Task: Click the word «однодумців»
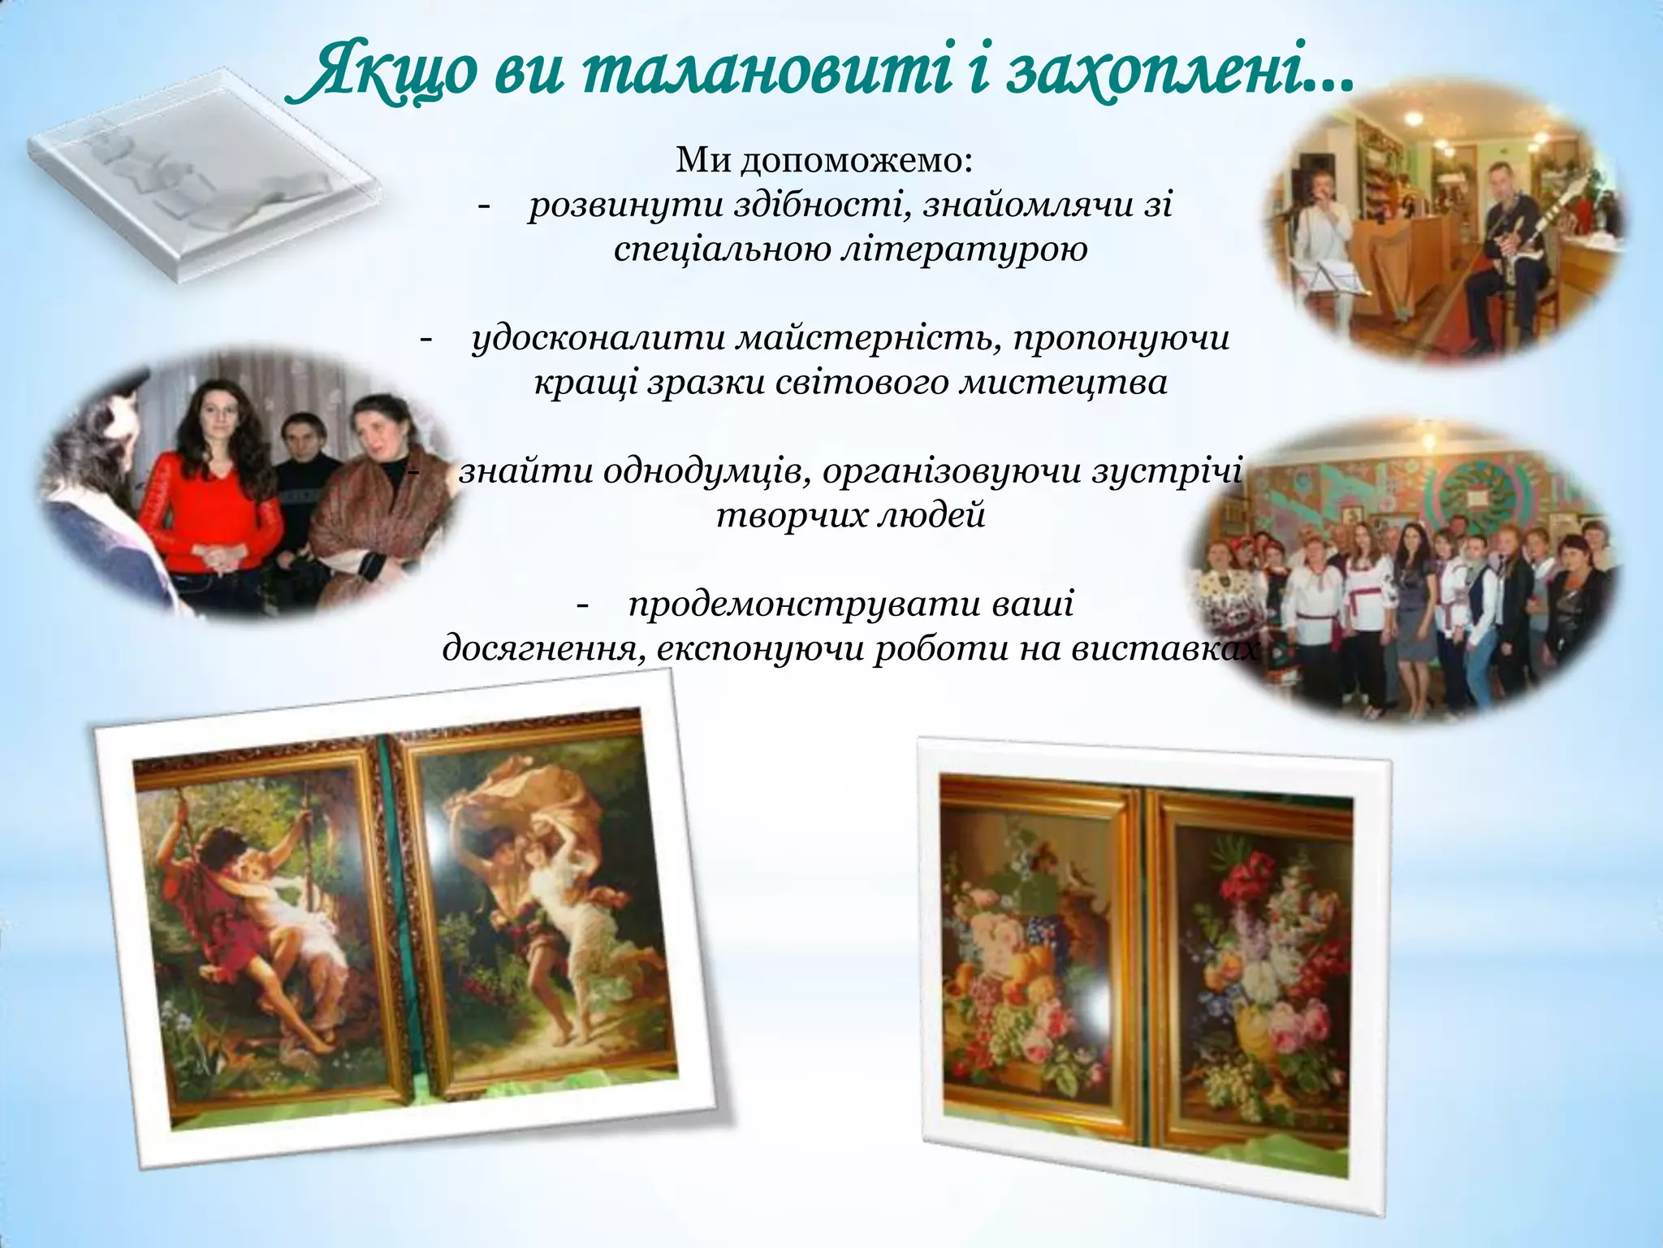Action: click(x=706, y=471)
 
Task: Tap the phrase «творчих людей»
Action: click(x=851, y=515)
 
